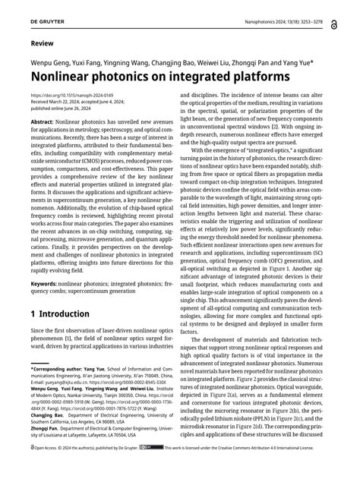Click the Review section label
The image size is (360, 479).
pyautogui.click(x=42, y=43)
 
